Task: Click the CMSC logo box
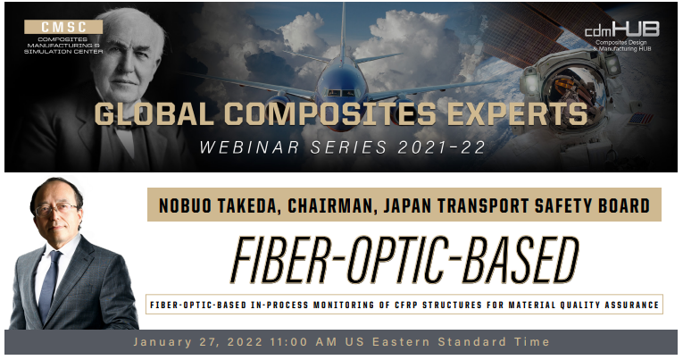pyautogui.click(x=63, y=27)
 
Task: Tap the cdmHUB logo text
pyautogui.click(x=621, y=29)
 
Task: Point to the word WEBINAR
pyautogui.click(x=250, y=147)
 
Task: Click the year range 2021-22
pyautogui.click(x=441, y=147)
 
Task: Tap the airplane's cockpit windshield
pyautogui.click(x=341, y=93)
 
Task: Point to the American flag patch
pyautogui.click(x=640, y=118)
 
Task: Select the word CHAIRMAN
pyautogui.click(x=332, y=205)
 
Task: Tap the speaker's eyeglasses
pyautogui.click(x=56, y=209)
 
